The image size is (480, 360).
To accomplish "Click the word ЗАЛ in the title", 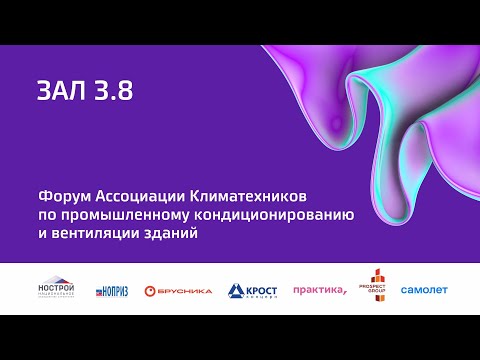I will [60, 91].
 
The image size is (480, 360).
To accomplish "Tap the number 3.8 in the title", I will [110, 91].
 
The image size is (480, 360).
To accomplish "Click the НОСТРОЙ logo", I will [57, 288].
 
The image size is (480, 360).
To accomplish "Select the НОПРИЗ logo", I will [112, 291].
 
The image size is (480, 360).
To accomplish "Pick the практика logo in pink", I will [319, 290].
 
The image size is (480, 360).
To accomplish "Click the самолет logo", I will [424, 290].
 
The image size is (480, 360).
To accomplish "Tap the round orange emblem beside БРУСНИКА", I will [149, 291].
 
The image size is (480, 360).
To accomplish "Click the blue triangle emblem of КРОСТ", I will [234, 291].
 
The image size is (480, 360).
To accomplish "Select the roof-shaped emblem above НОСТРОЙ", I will [57, 280].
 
